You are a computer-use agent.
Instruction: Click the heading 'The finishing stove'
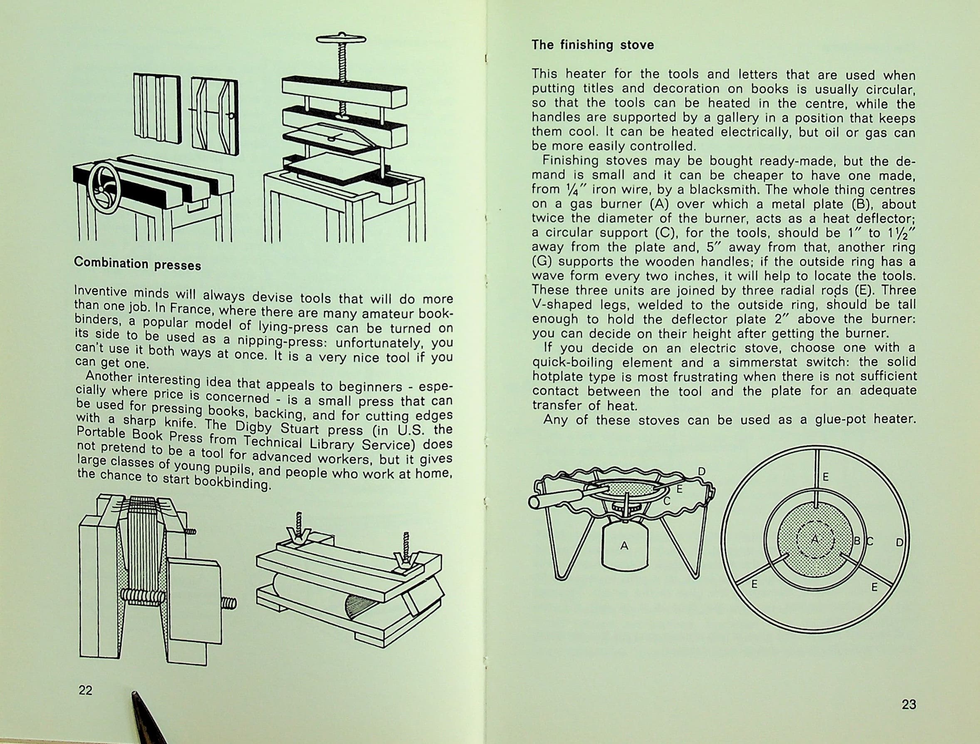click(592, 45)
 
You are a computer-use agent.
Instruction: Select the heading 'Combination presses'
click(137, 264)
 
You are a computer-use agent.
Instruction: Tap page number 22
click(86, 690)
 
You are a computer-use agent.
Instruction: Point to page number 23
click(909, 704)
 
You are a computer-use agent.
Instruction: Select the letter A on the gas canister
click(624, 546)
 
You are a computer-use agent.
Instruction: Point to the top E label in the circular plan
click(825, 477)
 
